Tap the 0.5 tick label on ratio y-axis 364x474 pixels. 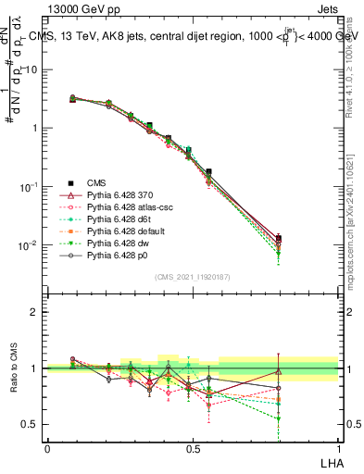click(x=30, y=425)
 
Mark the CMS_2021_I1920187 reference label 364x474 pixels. click(x=192, y=276)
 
